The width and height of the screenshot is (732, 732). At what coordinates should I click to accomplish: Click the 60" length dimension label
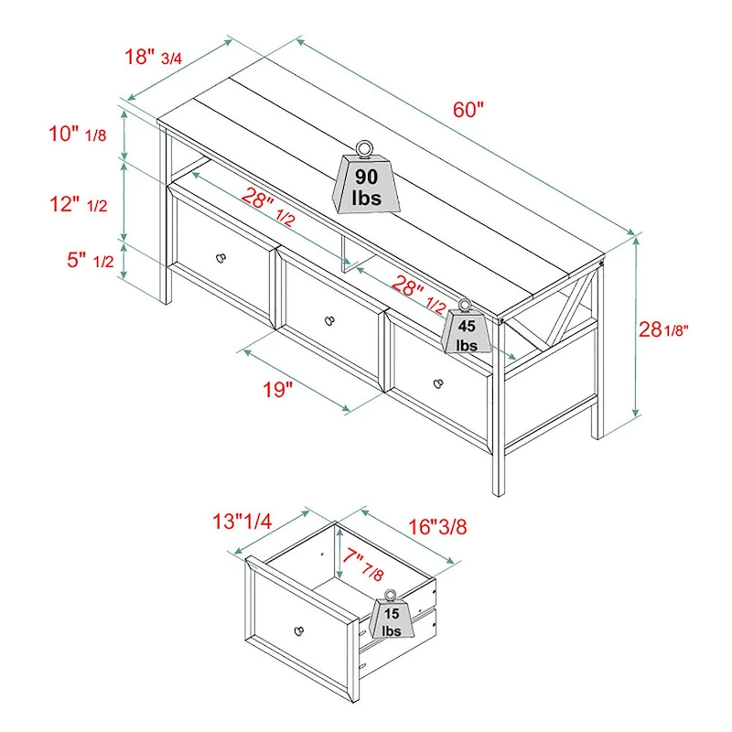tap(467, 110)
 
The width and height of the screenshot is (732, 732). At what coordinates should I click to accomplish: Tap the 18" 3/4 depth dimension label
tap(154, 57)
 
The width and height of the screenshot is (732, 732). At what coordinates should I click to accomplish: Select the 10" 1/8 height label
tap(79, 135)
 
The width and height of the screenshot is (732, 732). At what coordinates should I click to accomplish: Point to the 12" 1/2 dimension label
tap(79, 204)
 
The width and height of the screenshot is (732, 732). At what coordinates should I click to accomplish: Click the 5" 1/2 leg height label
tap(90, 260)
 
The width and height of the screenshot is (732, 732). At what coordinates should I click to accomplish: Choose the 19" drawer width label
tap(275, 390)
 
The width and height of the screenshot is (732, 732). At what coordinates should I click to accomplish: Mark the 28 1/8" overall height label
tap(663, 329)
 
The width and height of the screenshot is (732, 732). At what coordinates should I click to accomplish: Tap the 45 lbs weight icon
tap(468, 328)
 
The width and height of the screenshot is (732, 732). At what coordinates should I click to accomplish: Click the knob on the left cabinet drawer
tap(220, 258)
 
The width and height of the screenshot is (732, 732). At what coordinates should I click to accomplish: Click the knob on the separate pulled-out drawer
tap(298, 630)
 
